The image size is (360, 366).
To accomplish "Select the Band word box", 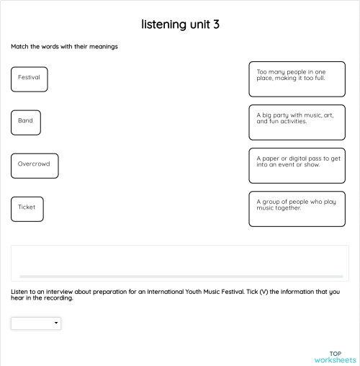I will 26,122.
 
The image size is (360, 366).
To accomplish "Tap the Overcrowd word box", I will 35,166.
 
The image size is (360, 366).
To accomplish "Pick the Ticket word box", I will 27,209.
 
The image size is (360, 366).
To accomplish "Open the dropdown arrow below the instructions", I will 56,324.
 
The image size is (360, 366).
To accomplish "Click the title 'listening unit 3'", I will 180,24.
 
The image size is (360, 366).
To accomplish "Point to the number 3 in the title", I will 215,24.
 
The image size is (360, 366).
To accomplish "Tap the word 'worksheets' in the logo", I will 335,360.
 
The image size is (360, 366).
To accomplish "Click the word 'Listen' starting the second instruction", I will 20,292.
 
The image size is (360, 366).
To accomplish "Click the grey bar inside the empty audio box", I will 180,276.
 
